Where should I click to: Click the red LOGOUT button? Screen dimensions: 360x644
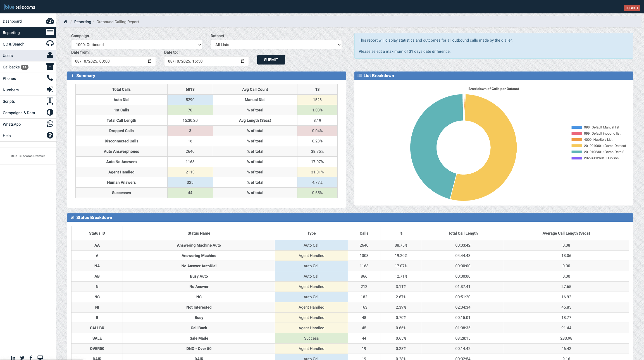click(632, 8)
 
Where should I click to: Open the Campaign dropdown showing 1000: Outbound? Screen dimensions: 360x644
click(137, 45)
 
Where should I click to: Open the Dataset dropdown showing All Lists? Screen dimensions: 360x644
click(276, 45)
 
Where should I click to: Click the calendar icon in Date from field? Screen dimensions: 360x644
click(150, 61)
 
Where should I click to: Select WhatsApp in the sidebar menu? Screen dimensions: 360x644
click(12, 124)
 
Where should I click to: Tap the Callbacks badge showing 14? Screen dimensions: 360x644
click(25, 67)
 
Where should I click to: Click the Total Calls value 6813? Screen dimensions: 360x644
click(190, 89)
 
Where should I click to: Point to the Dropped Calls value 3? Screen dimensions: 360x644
click(190, 131)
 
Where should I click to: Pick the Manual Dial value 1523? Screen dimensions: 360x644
click(317, 100)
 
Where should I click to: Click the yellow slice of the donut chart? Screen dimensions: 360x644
click(500, 156)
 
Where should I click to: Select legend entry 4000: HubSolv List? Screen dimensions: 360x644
click(598, 140)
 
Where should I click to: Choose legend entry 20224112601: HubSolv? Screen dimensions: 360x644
click(601, 158)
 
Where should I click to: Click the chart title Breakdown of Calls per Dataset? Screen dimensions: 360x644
click(493, 89)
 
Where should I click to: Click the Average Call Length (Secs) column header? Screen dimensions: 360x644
click(566, 233)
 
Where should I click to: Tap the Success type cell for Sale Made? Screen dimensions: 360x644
click(311, 338)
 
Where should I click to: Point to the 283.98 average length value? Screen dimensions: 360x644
click(566, 338)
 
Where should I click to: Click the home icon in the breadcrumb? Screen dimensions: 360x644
click(65, 22)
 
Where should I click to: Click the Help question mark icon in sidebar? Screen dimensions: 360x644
click(50, 135)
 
